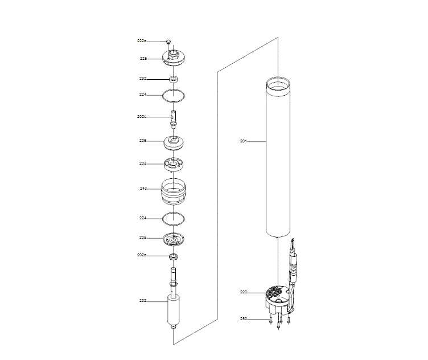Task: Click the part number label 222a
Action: pos(142,41)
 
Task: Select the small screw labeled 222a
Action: pos(169,42)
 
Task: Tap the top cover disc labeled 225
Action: pos(175,58)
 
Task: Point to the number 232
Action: pos(143,78)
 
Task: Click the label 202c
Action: pos(142,117)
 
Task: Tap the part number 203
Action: pos(143,163)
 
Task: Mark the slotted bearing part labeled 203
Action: pos(175,163)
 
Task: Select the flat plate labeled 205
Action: pos(175,239)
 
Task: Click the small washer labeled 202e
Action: pos(174,256)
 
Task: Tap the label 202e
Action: pos(142,255)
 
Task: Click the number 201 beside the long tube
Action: pos(243,140)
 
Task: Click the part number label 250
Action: pos(243,320)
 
